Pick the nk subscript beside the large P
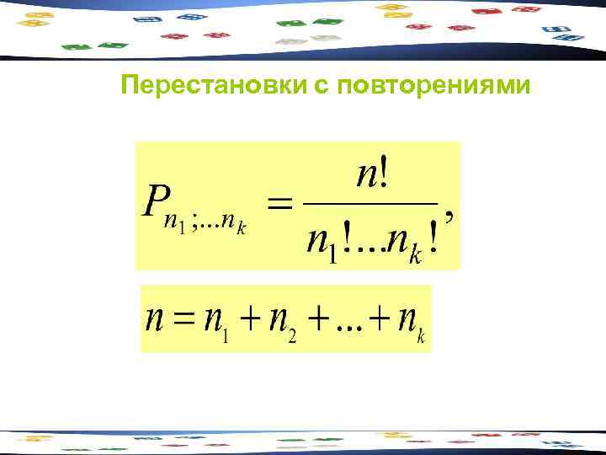click(x=235, y=228)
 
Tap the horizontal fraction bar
click(x=371, y=203)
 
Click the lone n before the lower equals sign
click(x=155, y=319)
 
